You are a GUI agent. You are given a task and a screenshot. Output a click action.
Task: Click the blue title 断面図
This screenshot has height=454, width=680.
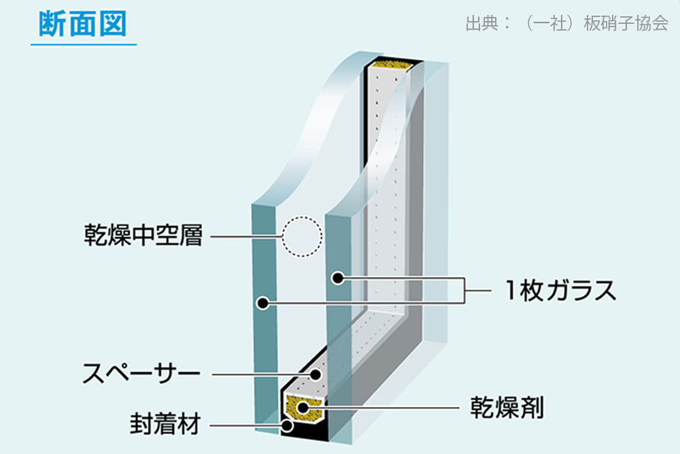82,23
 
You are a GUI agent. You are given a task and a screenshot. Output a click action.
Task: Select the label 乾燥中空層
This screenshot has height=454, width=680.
143,236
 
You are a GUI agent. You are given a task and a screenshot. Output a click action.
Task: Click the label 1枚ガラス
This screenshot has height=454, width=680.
560,290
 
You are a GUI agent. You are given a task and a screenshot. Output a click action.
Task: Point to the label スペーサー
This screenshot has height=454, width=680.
141,373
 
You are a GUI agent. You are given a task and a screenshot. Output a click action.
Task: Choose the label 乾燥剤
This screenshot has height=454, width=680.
507,407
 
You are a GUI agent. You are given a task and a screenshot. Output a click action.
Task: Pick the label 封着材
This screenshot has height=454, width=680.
165,423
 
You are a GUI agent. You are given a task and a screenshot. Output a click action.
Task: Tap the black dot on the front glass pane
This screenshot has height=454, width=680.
262,303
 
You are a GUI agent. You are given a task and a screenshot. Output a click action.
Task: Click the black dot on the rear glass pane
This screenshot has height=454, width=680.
338,278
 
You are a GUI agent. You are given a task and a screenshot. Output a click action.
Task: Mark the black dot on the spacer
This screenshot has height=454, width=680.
316,374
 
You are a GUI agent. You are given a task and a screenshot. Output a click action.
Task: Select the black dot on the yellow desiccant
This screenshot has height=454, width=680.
303,408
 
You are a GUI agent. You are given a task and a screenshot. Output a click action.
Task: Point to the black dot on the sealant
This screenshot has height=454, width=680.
287,425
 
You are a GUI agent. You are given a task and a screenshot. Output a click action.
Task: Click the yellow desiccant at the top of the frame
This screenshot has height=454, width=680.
392,65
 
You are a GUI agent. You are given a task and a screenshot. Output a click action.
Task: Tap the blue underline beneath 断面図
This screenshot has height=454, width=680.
84,44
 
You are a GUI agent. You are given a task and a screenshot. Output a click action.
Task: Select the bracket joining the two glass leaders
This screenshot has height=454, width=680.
465,291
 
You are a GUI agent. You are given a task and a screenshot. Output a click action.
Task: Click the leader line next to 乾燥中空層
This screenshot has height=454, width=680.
246,237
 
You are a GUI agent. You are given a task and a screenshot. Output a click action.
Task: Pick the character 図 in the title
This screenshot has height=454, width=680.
113,23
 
